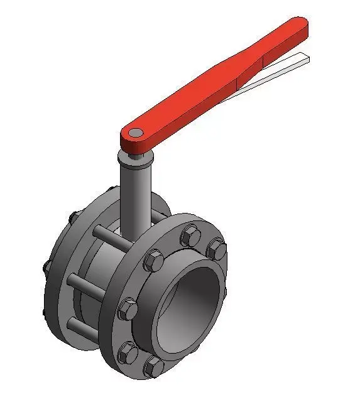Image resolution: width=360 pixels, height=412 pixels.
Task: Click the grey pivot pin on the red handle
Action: [135, 133]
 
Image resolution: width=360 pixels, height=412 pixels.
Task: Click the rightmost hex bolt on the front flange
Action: [217, 249]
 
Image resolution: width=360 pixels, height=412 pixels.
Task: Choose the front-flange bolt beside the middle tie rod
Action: [127, 308]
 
